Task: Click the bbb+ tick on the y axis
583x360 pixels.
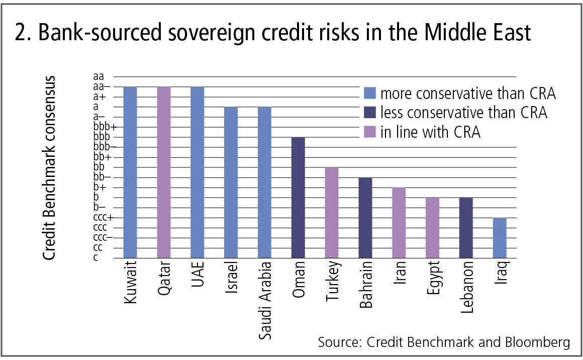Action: tap(105, 127)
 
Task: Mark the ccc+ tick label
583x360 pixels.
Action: tap(103, 217)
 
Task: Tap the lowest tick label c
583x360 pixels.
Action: tap(95, 257)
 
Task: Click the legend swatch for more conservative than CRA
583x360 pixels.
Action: tap(369, 94)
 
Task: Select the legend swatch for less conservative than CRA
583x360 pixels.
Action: tap(369, 113)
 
